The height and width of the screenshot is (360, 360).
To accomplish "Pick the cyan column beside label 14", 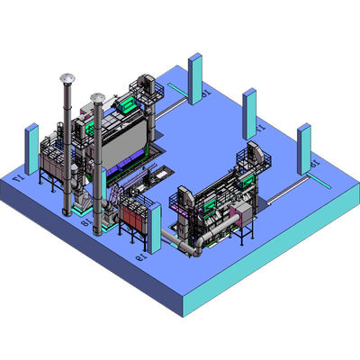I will pos(31,148).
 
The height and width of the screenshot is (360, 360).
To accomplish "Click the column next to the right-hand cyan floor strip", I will pos(304,148).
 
